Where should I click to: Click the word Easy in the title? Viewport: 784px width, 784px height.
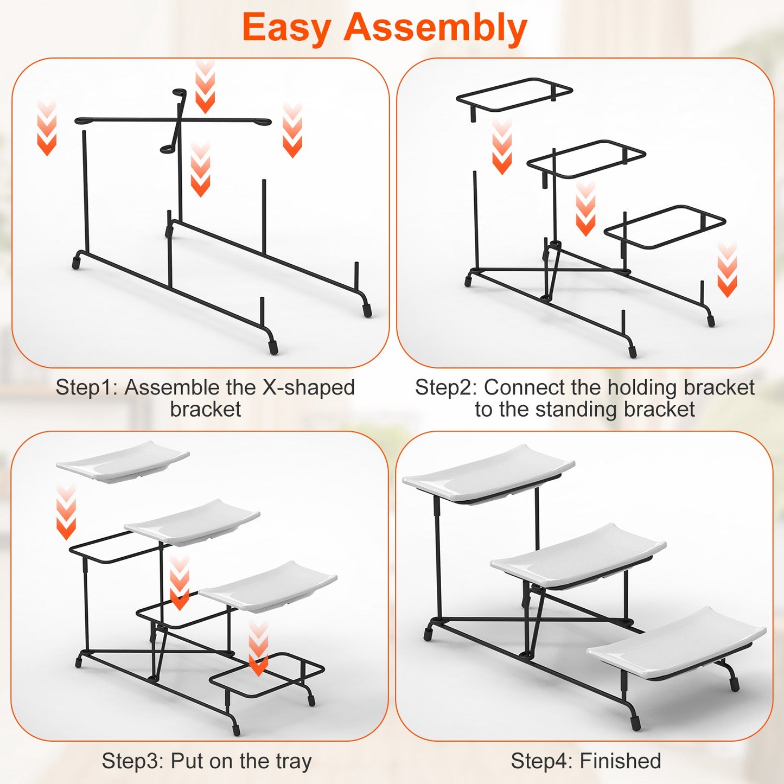pos(286,28)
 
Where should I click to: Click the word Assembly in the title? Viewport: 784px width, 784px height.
pos(435,28)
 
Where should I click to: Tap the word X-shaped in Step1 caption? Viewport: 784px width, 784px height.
pos(308,387)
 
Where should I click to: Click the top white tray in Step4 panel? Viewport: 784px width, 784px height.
pos(488,472)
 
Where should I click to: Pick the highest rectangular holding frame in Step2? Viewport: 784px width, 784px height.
pos(514,95)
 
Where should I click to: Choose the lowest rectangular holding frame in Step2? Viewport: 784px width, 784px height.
pos(665,226)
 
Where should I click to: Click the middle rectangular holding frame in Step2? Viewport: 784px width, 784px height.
pos(586,159)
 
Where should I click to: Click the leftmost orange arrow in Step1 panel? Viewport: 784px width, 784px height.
pos(47,129)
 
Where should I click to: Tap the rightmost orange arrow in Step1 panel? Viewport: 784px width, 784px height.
pos(292,131)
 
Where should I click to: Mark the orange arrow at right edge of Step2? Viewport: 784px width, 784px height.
pos(727,270)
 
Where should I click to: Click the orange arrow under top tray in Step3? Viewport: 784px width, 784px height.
pos(66,513)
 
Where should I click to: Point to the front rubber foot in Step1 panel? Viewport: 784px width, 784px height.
pos(273,347)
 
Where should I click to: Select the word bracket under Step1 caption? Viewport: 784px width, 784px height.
pos(205,409)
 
